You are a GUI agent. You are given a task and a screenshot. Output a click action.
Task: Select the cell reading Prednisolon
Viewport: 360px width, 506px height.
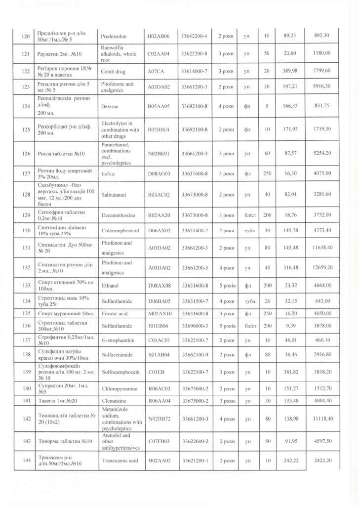tap(114, 37)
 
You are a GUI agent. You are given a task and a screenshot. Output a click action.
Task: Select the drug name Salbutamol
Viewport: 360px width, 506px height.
tap(113, 195)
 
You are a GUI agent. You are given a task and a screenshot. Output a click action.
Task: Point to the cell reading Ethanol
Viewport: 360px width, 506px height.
tap(110, 286)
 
